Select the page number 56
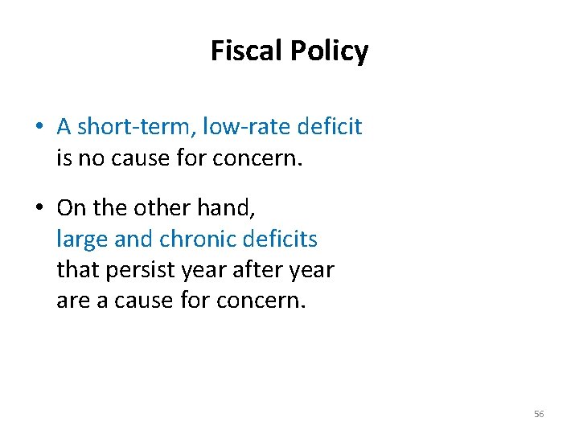click(539, 414)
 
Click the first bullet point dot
click(39, 127)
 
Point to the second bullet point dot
click(39, 208)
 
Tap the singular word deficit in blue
click(329, 126)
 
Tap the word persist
click(139, 269)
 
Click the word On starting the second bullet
click(71, 207)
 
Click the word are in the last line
click(72, 301)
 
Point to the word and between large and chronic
click(133, 239)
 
